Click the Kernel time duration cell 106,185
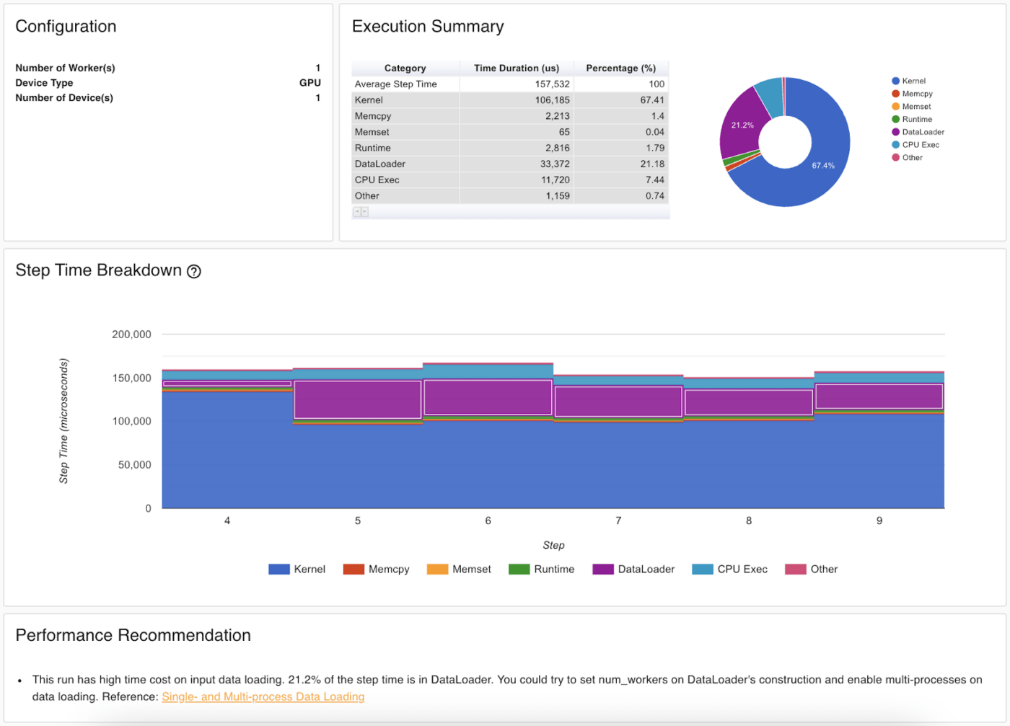(552, 100)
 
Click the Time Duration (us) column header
(516, 68)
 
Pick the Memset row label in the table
(372, 132)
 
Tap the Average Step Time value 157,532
(552, 84)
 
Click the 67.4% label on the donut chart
(822, 166)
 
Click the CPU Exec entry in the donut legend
(920, 145)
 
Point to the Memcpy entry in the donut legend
(917, 94)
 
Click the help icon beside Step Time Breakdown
(194, 272)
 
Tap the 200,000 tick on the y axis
(131, 335)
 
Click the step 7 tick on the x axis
(618, 521)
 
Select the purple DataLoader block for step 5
(357, 399)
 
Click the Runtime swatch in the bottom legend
(519, 570)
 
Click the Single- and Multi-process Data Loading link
(263, 697)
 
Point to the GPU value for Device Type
(309, 83)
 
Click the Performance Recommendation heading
(133, 635)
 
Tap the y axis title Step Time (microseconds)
(63, 421)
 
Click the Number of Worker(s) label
(65, 68)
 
